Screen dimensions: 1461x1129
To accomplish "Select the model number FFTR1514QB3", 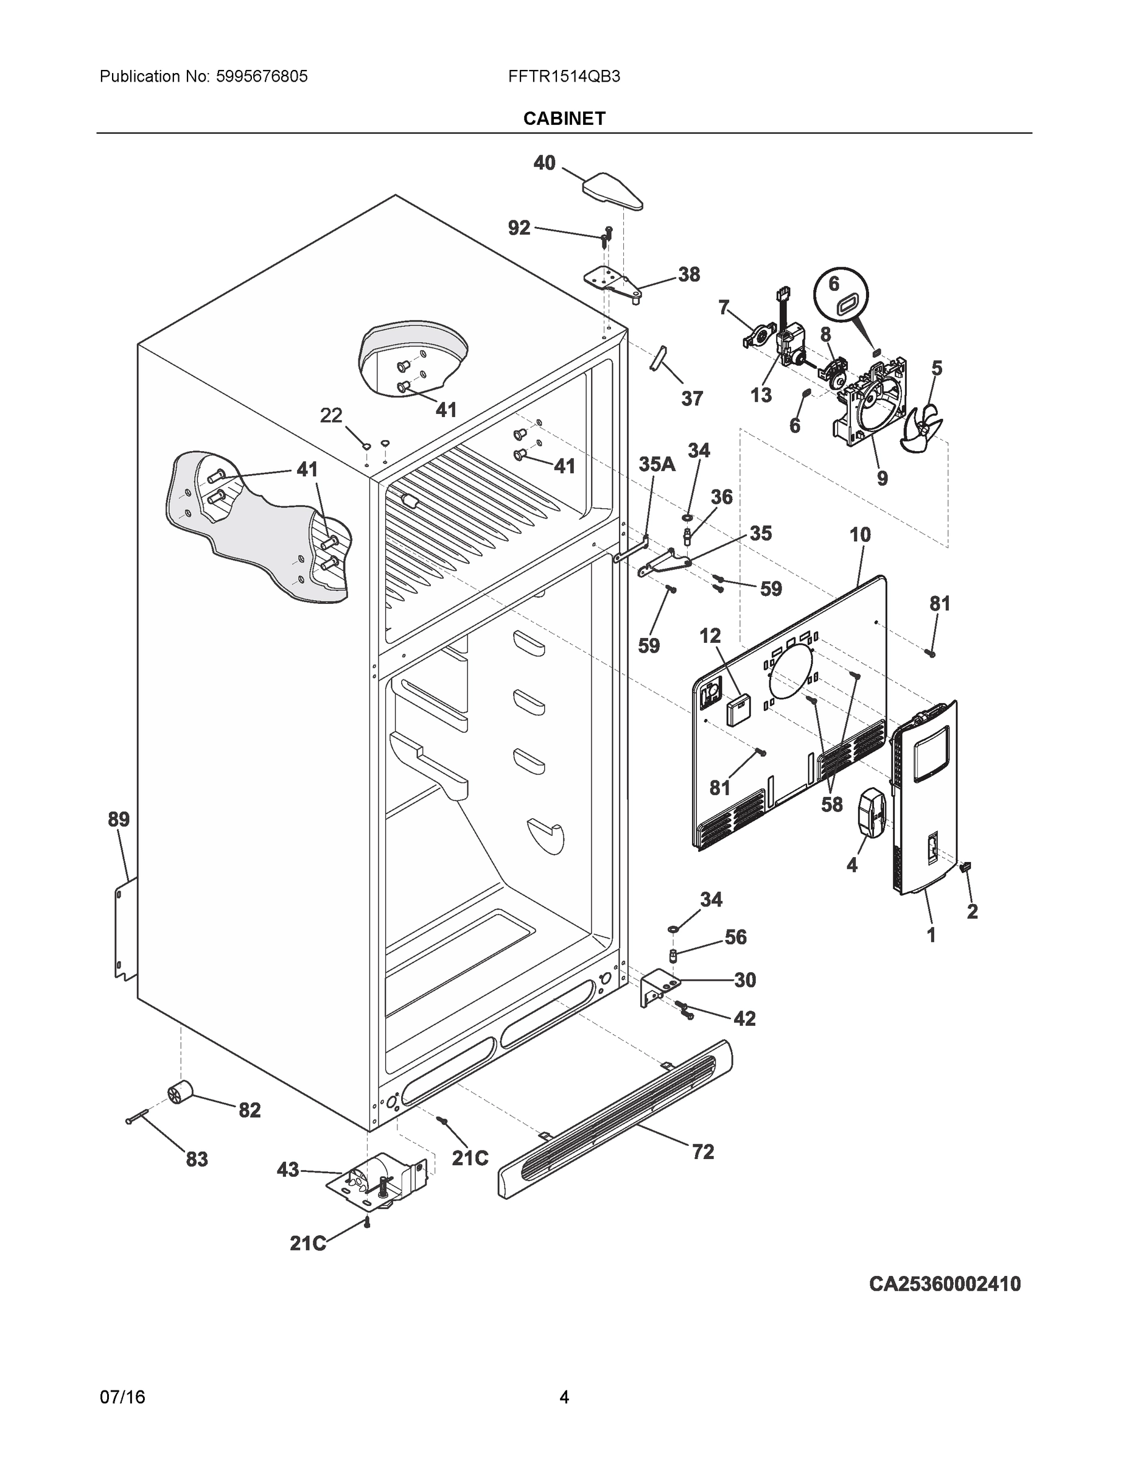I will tap(564, 76).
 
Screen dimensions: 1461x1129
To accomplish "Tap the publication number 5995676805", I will tap(262, 76).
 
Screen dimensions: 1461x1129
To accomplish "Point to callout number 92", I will tap(519, 228).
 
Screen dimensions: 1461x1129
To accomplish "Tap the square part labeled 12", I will tap(738, 710).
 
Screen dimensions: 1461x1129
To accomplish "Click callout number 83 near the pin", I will tap(197, 1159).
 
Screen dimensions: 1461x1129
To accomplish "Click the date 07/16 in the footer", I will tap(122, 1397).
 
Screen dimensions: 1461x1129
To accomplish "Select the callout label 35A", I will tap(656, 464).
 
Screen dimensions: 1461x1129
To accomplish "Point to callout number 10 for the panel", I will tap(860, 534).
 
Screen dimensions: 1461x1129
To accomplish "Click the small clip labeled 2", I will tap(966, 868).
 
